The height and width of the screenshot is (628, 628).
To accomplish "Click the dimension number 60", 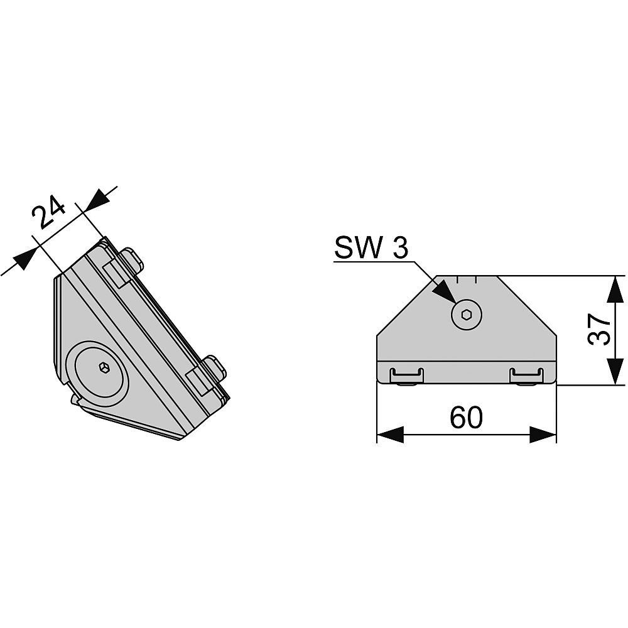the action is pyautogui.click(x=466, y=417).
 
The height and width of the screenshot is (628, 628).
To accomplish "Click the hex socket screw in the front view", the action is pyautogui.click(x=467, y=315).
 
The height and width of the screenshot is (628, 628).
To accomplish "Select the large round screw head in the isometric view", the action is pyautogui.click(x=98, y=367).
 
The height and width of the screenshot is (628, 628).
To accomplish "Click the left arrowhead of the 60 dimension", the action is pyautogui.click(x=391, y=435).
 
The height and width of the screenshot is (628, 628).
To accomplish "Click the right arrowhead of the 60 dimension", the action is pyautogui.click(x=543, y=435).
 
